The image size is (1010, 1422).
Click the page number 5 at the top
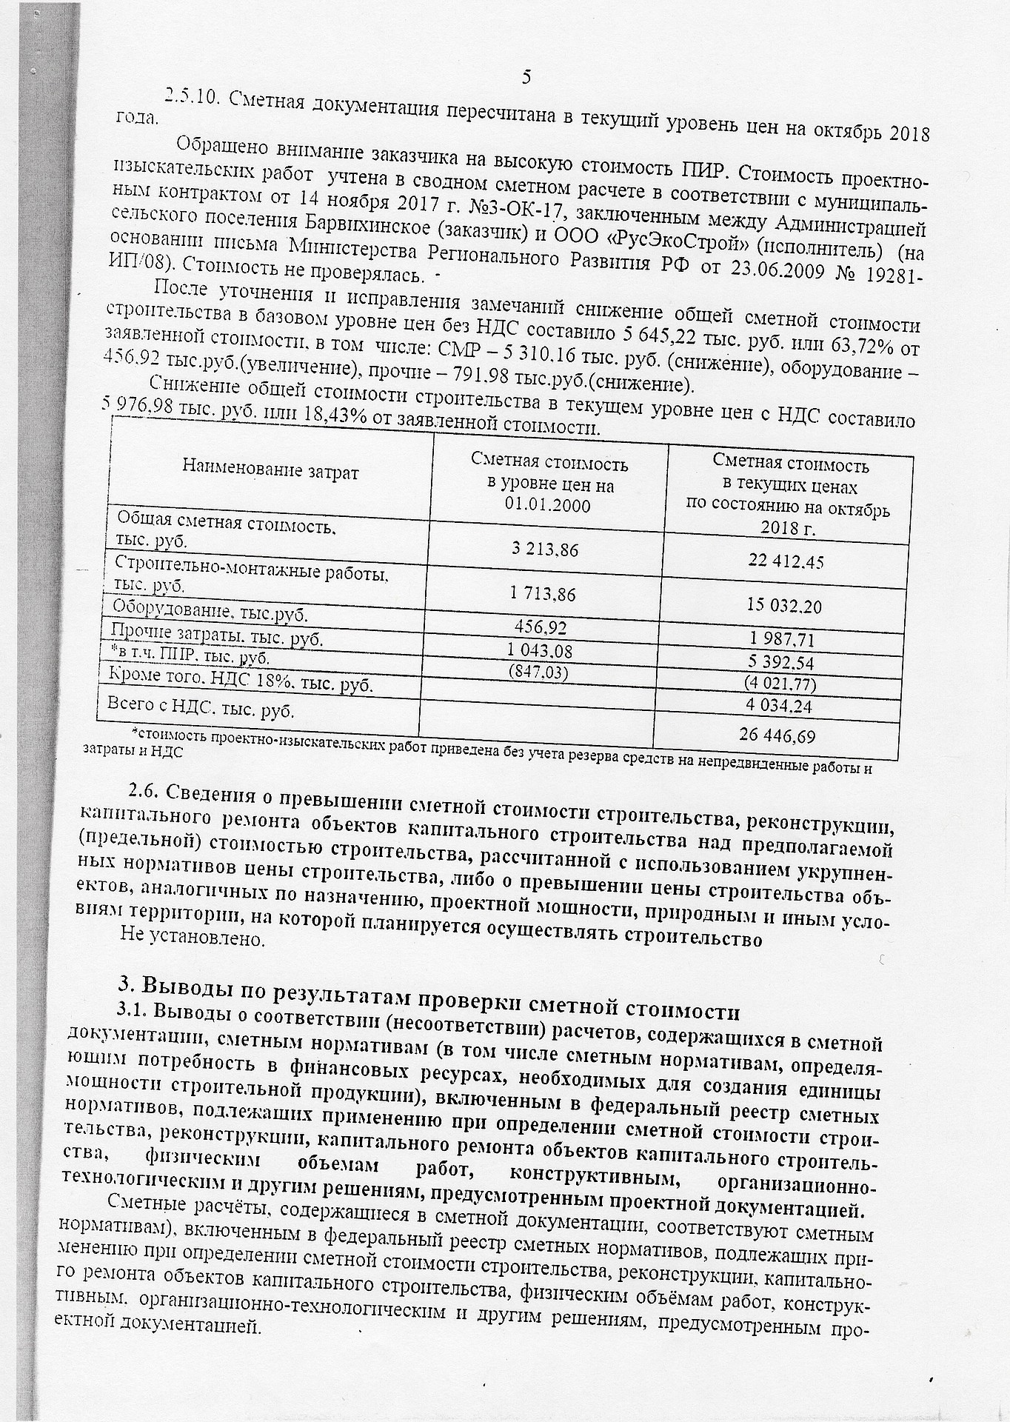[526, 77]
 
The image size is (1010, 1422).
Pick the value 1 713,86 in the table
[544, 594]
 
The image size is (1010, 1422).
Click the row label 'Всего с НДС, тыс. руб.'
[201, 708]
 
